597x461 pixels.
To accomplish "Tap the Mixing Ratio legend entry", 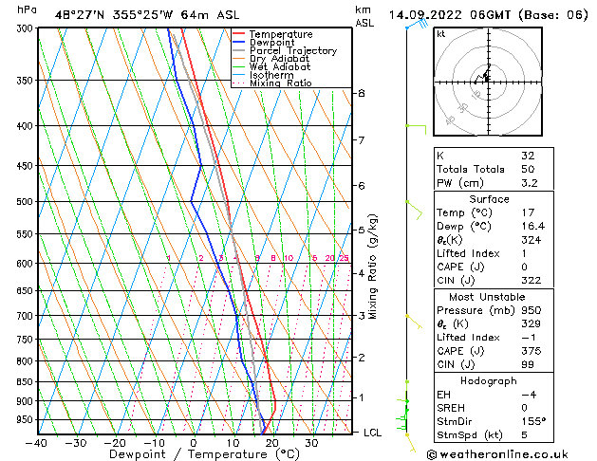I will (286, 83).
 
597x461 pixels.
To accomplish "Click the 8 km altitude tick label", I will (361, 94).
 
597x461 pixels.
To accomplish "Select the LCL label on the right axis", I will (374, 433).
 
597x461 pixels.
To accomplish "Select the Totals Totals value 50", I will (527, 168).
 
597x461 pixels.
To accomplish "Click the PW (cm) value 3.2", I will (529, 183).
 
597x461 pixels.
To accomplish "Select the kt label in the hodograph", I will (441, 33).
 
